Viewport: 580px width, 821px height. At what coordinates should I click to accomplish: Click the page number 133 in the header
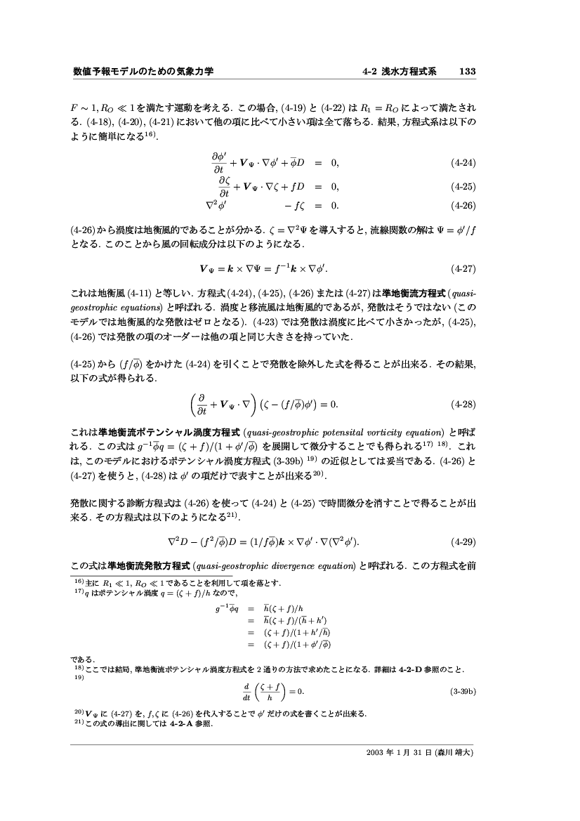pyautogui.click(x=468, y=72)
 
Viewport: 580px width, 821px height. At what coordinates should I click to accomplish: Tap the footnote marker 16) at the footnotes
pyautogui.click(x=79, y=582)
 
